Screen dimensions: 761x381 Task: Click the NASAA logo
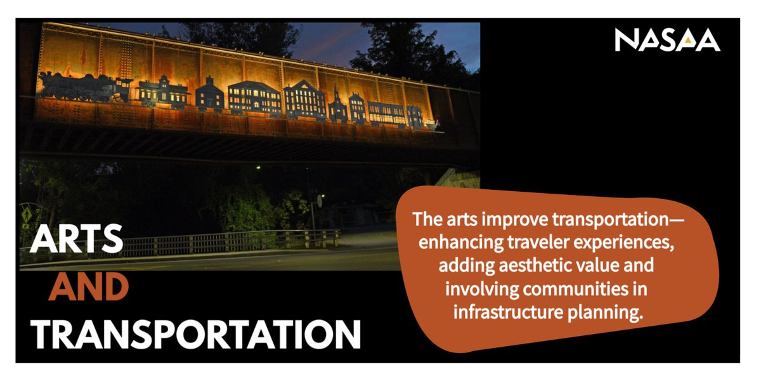667,40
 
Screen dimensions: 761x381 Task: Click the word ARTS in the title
76,239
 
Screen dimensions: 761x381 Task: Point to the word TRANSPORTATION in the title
196,334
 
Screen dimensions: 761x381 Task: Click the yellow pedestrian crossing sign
27,215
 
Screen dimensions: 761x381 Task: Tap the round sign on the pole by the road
320,201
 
